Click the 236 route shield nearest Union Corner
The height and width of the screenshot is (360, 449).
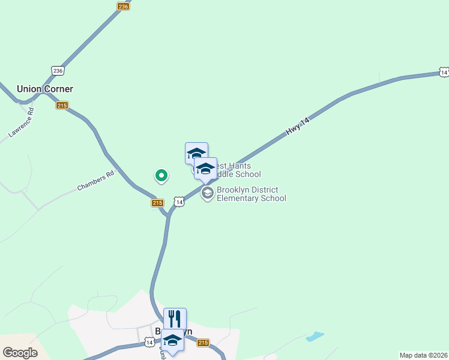click(x=58, y=70)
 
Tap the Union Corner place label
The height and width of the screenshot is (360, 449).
click(x=45, y=89)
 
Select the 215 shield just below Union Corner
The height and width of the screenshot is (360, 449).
click(x=62, y=106)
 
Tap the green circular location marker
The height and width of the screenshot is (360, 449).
click(x=161, y=175)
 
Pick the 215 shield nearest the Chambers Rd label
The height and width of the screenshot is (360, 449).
click(x=157, y=203)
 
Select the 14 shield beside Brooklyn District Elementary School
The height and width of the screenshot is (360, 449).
click(x=179, y=202)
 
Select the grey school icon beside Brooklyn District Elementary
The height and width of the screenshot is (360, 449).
click(x=208, y=193)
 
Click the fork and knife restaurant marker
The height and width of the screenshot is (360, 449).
click(x=175, y=319)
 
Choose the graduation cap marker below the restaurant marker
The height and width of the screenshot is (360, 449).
click(x=172, y=340)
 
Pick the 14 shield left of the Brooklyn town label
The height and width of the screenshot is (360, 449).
click(x=149, y=342)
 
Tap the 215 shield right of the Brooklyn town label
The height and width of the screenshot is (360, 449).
click(x=203, y=343)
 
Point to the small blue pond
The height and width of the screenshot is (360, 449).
click(x=315, y=336)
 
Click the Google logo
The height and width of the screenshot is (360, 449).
click(x=20, y=353)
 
